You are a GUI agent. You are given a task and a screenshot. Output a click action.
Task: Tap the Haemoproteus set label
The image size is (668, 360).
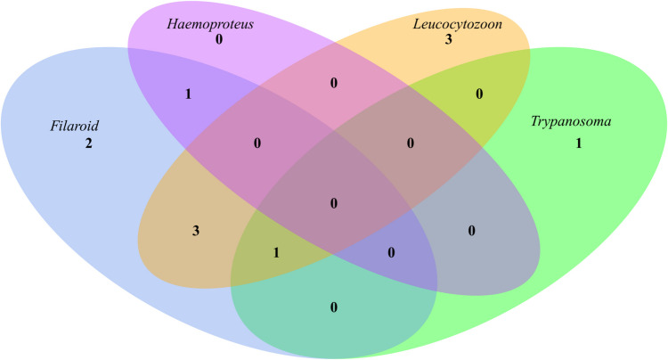[x=210, y=24]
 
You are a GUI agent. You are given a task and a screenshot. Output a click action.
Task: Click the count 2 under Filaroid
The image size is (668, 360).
[x=88, y=143]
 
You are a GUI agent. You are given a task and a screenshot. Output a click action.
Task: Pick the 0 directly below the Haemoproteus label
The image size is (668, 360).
[x=217, y=40]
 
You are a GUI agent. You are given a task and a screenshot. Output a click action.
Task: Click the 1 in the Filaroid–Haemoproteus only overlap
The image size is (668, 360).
[x=188, y=94]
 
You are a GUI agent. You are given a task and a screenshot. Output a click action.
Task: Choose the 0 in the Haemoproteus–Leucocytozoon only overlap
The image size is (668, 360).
[x=334, y=84]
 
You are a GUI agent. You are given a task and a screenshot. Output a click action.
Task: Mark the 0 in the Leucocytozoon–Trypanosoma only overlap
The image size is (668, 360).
[x=479, y=94]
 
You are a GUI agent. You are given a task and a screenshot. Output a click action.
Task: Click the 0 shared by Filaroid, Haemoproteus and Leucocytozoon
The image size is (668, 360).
[x=257, y=143]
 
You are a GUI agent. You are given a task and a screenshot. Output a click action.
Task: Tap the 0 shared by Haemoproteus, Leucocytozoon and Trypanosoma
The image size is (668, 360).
[x=411, y=143]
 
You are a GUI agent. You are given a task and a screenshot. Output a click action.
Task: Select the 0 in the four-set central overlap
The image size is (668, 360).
[x=334, y=204]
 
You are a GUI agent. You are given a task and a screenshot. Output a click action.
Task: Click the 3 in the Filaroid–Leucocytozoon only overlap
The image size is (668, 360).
[x=195, y=232]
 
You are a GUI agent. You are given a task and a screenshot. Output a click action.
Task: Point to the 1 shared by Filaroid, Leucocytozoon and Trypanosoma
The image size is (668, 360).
[x=277, y=252]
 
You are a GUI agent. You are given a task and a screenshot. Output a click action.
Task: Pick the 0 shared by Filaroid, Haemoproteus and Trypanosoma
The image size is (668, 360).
[x=391, y=252]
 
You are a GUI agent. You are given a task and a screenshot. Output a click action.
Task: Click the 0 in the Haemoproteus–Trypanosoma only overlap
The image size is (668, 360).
[x=472, y=232]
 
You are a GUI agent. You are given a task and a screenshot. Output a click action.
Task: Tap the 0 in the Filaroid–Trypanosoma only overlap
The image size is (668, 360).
[x=334, y=307]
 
